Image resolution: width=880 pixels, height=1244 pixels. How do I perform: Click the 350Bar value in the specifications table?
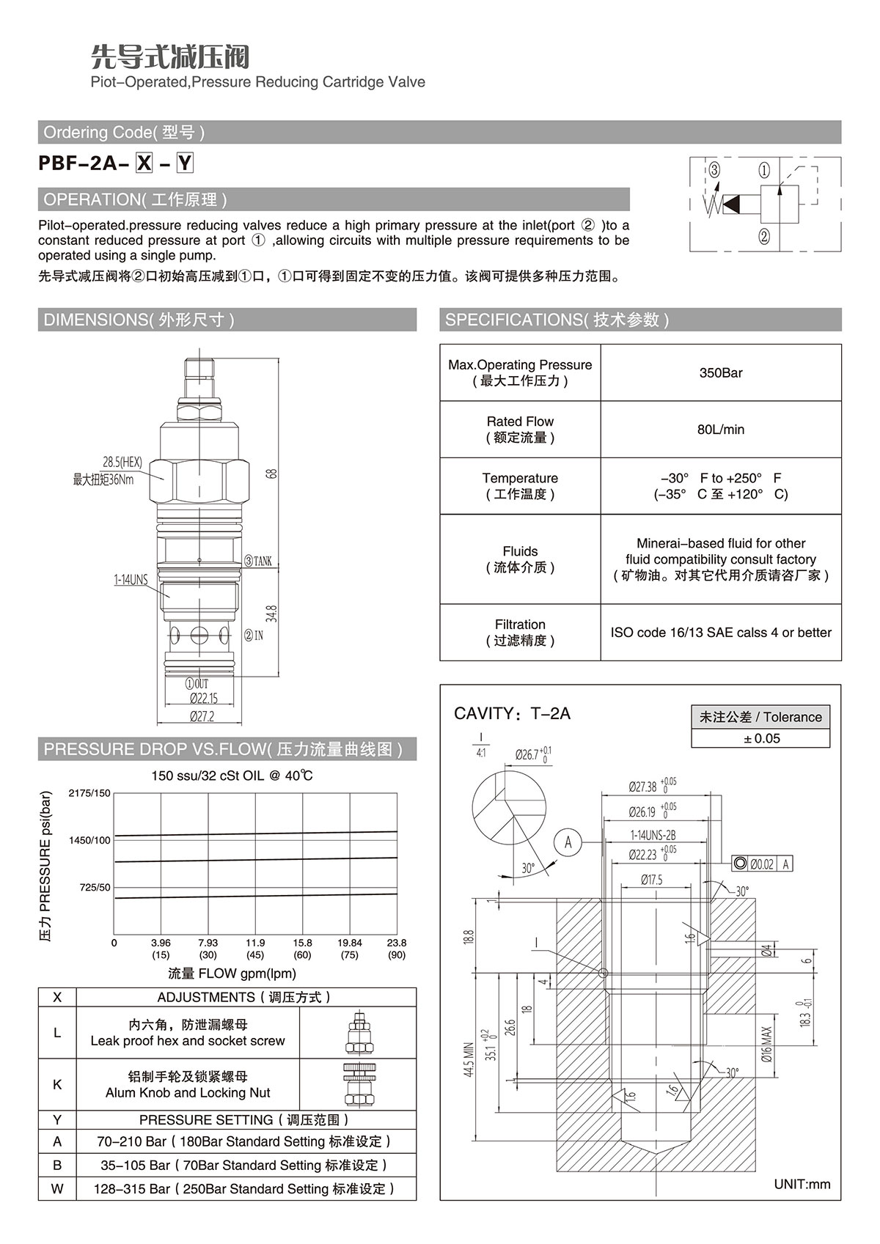pos(721,372)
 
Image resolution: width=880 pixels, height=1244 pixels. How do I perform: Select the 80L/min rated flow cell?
pos(721,430)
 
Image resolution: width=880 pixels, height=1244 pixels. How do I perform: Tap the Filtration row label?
pos(520,633)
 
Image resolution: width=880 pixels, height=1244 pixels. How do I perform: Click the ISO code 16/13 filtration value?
pos(721,633)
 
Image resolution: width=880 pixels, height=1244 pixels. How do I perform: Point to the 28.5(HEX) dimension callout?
pos(122,463)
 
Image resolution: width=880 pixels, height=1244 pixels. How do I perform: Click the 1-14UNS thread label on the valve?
pos(131,580)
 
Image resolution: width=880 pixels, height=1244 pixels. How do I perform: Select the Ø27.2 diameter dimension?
pos(202,716)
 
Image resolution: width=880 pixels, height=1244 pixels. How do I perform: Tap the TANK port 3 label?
pos(257,562)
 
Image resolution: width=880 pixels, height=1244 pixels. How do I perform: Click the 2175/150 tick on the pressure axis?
pos(89,793)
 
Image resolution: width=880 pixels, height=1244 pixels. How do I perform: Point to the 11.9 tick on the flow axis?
pos(255,943)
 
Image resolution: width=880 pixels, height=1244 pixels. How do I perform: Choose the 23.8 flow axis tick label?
pos(397,943)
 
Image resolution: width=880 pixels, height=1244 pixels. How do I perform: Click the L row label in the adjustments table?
pos(57,1033)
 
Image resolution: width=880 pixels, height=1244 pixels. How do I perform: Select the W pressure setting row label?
pos(57,1188)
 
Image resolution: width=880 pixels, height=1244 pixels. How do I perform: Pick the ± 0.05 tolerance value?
pos(760,738)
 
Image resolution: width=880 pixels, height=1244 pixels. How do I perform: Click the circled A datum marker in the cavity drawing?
pos(568,842)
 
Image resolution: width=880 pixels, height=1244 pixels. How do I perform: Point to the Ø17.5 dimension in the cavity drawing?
pos(651,880)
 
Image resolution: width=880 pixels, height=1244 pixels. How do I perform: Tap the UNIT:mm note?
pos(802,1184)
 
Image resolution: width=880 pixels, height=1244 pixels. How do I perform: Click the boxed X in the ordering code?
pos(144,163)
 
